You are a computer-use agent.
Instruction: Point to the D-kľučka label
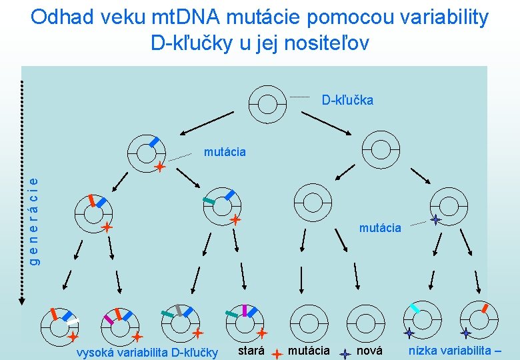tap(347, 101)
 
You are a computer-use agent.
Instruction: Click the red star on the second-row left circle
tap(160, 167)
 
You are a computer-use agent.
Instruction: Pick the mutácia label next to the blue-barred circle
tap(225, 152)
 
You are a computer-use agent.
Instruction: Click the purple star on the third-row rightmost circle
tap(435, 219)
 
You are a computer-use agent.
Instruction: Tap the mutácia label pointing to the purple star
tap(380, 228)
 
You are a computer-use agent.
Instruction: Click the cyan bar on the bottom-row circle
tap(414, 309)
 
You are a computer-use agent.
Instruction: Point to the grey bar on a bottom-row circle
tap(179, 310)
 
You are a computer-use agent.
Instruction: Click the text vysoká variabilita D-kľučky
tap(147, 352)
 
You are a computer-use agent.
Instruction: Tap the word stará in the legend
tap(251, 351)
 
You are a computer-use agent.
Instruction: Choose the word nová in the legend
tap(369, 351)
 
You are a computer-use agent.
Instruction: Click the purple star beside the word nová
tap(345, 355)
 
